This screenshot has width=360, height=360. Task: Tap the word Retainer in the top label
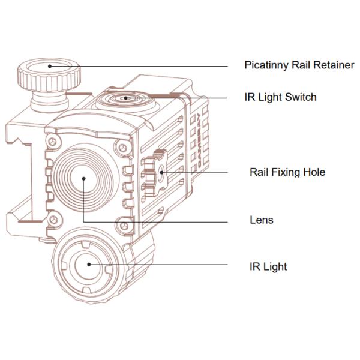click(333, 65)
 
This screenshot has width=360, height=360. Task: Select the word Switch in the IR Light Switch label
click(301, 97)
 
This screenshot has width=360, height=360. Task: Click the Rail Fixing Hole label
click(287, 172)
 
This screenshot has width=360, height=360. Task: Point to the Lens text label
click(261, 220)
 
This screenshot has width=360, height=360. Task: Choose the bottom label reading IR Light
click(268, 266)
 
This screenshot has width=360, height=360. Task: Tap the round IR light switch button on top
click(125, 98)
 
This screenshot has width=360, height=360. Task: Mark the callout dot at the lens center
click(83, 178)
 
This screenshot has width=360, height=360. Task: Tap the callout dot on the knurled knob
click(49, 65)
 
